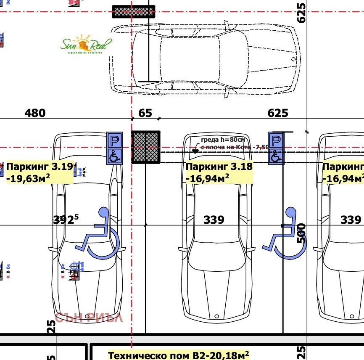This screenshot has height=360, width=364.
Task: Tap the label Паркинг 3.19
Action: tap(40, 166)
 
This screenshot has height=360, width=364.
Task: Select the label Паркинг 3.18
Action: tap(219, 166)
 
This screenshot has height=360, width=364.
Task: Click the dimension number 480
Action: tap(35, 113)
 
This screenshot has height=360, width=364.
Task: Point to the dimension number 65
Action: tap(145, 113)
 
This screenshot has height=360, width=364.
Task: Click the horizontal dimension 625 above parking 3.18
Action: tap(278, 113)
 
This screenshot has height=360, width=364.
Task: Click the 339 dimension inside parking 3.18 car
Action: tap(214, 220)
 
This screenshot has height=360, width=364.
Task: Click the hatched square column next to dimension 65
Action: tap(146, 147)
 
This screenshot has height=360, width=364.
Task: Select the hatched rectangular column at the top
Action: tap(134, 12)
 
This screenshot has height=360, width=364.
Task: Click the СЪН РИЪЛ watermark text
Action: tap(89, 318)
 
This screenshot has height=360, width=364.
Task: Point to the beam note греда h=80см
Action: tap(222, 140)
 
